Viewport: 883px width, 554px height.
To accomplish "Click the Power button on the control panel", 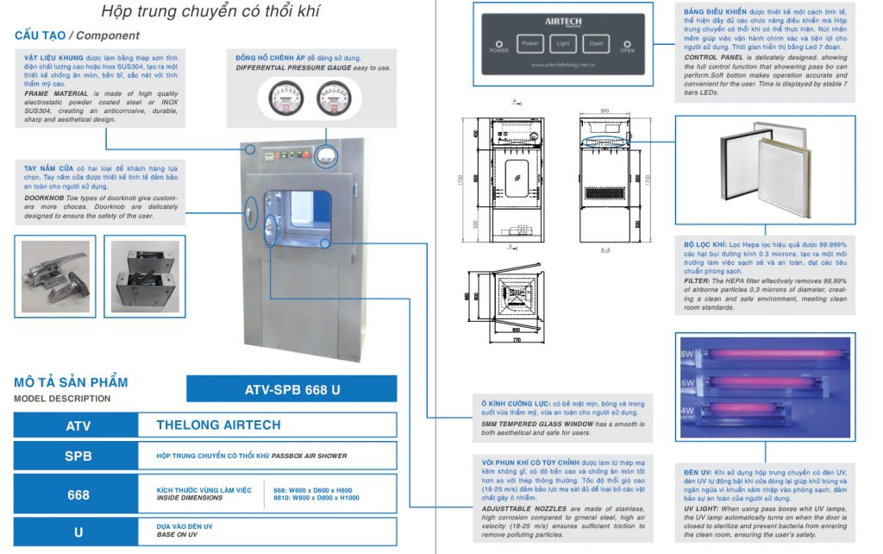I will [529, 42].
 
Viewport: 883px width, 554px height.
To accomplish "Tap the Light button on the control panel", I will [562, 42].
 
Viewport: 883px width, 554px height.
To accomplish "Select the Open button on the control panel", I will [595, 42].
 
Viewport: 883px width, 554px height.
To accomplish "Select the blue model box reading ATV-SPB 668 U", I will [292, 389].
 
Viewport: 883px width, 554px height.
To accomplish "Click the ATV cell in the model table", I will [78, 425].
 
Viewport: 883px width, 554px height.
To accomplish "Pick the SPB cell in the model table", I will [78, 456].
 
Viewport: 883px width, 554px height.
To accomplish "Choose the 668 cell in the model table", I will [78, 495].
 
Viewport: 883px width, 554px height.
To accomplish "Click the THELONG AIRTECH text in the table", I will [218, 425].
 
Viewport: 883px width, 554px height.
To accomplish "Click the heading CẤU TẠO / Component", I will [77, 35].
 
